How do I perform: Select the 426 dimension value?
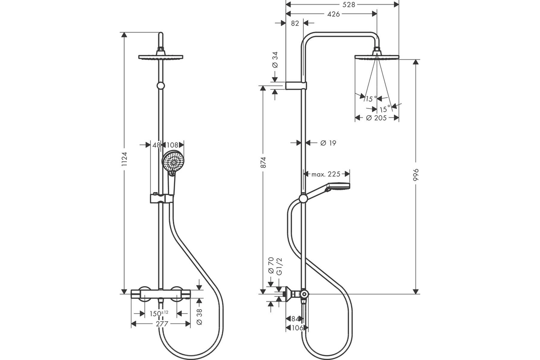pyautogui.click(x=333, y=14)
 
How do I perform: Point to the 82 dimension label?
pyautogui.click(x=295, y=23)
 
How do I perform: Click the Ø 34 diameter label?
pyautogui.click(x=275, y=60)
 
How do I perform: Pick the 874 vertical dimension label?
pyautogui.click(x=264, y=165)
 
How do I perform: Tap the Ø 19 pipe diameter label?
pyautogui.click(x=328, y=143)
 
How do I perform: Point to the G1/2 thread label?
pyautogui.click(x=279, y=266)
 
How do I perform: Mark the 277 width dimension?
pyautogui.click(x=161, y=324)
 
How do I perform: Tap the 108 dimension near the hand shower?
pyautogui.click(x=173, y=145)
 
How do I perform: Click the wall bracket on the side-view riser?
pyautogui.click(x=297, y=85)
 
